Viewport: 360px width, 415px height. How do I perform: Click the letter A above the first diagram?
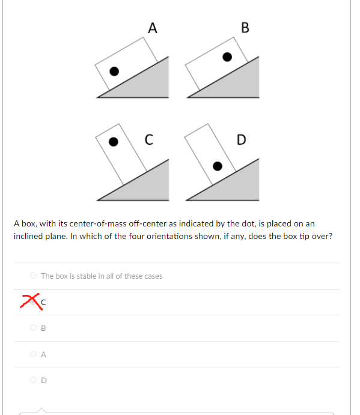point(153,28)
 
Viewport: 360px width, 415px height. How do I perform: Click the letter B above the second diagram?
point(244,28)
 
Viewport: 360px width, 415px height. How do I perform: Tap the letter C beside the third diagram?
point(148,141)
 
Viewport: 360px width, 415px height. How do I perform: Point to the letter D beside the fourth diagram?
point(241,141)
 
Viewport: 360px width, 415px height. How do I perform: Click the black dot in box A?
point(114,70)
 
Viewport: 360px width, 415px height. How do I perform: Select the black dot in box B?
point(227,57)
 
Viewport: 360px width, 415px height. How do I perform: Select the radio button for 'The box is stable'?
point(33,276)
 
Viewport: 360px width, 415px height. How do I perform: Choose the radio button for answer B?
point(33,328)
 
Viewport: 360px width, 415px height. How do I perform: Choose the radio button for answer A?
point(33,354)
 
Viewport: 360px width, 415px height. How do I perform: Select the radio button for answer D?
point(33,380)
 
